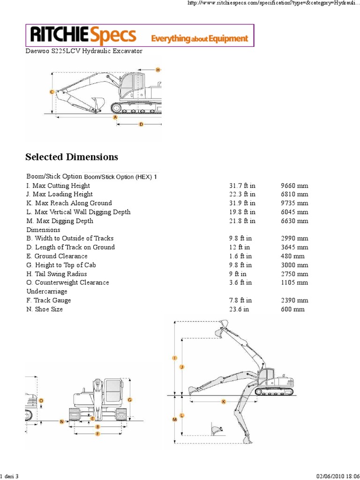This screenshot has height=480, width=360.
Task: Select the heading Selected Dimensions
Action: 72,157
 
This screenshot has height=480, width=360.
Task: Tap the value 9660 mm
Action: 294,186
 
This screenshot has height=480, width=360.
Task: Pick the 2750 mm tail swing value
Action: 294,274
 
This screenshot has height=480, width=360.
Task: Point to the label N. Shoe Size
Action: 45,310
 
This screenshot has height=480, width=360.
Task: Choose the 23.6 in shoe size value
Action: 239,310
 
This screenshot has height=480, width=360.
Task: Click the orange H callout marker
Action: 158,70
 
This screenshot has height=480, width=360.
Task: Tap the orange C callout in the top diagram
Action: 52,92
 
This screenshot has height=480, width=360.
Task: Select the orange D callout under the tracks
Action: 141,124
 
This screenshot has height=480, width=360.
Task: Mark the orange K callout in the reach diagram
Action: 224,402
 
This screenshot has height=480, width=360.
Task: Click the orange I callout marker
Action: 175,358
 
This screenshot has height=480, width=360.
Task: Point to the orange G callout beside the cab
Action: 129,400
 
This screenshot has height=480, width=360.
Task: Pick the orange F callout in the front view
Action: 97,434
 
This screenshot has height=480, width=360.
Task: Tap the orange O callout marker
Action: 41,401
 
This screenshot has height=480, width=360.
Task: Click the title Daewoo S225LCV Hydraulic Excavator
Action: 84,51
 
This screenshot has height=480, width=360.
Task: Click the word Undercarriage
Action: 47,292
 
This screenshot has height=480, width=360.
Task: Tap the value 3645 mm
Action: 294,247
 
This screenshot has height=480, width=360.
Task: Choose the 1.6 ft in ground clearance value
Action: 240,256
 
